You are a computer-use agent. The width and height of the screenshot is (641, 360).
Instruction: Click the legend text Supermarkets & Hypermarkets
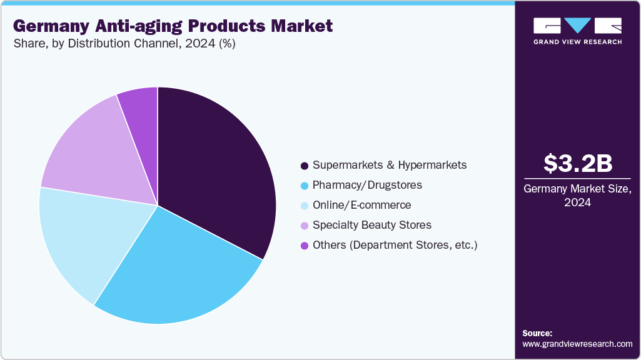click(x=389, y=166)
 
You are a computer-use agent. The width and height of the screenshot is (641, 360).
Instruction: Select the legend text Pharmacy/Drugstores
click(x=367, y=185)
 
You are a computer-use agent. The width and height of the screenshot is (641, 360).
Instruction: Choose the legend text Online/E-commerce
click(x=361, y=205)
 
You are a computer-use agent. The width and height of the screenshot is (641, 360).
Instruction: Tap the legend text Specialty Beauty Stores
click(x=371, y=225)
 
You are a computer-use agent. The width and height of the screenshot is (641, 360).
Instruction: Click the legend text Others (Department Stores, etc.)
click(x=395, y=245)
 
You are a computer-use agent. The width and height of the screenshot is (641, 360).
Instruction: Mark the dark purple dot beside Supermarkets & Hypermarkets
click(x=305, y=166)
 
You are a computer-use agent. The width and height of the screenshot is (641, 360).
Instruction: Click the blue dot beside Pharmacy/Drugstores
click(x=305, y=186)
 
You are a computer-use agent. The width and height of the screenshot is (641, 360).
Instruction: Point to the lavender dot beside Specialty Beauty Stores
click(x=305, y=226)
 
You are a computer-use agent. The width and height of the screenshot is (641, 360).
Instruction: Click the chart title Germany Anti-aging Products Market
click(x=173, y=26)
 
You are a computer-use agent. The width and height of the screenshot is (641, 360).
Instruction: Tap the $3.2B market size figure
click(x=577, y=163)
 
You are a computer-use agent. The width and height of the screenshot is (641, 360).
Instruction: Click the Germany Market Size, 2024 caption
click(x=577, y=196)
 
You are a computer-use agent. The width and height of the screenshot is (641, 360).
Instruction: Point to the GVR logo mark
click(x=577, y=25)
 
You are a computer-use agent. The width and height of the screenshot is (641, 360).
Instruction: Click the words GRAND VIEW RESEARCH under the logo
click(x=577, y=42)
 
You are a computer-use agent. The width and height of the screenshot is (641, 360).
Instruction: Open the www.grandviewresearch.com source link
click(x=577, y=344)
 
